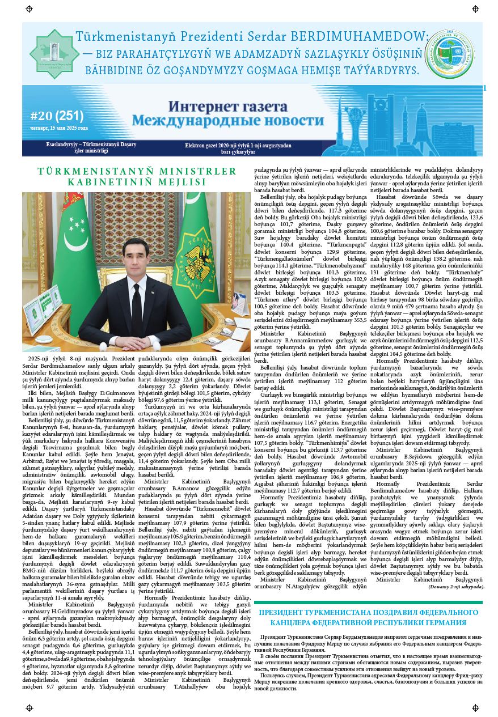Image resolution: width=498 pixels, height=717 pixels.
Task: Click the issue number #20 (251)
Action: (57, 116)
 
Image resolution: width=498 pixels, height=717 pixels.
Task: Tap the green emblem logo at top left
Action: (54, 54)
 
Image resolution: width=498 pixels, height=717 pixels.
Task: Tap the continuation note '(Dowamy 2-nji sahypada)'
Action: (456, 586)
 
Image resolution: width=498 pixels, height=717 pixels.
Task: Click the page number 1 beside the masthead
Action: (485, 88)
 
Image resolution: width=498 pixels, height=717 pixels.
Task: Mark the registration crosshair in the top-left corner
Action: (29, 10)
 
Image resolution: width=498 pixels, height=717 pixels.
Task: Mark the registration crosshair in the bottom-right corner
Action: (475, 707)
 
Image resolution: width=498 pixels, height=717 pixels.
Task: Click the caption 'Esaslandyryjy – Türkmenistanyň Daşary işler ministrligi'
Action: (91, 147)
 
